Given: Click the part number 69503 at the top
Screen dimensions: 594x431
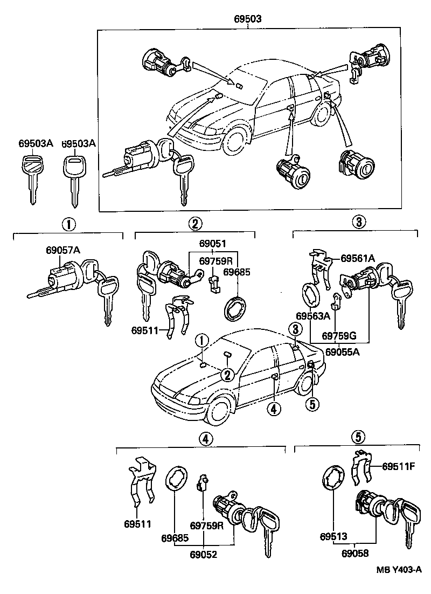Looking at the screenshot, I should (x=248, y=19).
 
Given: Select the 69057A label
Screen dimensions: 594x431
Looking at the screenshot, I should (x=63, y=250).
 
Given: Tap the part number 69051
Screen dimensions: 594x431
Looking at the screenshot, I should (x=213, y=244).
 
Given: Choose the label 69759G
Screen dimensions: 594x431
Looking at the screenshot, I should (x=339, y=335).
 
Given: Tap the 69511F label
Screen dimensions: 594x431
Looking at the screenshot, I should (x=399, y=466).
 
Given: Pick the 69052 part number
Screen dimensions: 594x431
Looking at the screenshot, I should (x=203, y=554).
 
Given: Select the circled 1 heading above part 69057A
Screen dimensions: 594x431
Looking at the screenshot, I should (x=68, y=224).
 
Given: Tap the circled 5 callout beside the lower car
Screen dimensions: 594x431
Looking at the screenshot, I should (x=311, y=404).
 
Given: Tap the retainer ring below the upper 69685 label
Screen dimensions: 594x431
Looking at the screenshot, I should (x=235, y=310).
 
